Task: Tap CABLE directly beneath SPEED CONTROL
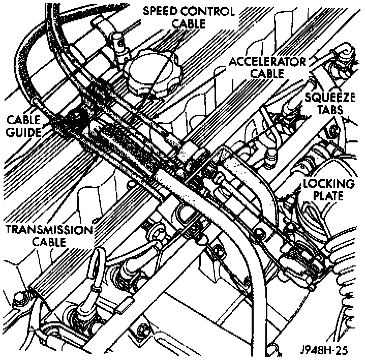(188, 23)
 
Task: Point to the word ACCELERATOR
(267, 62)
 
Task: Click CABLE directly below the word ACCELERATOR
(268, 73)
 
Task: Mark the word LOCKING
(328, 184)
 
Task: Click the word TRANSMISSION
(49, 229)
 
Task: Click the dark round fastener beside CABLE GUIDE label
(76, 120)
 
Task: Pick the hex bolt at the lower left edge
(20, 296)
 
